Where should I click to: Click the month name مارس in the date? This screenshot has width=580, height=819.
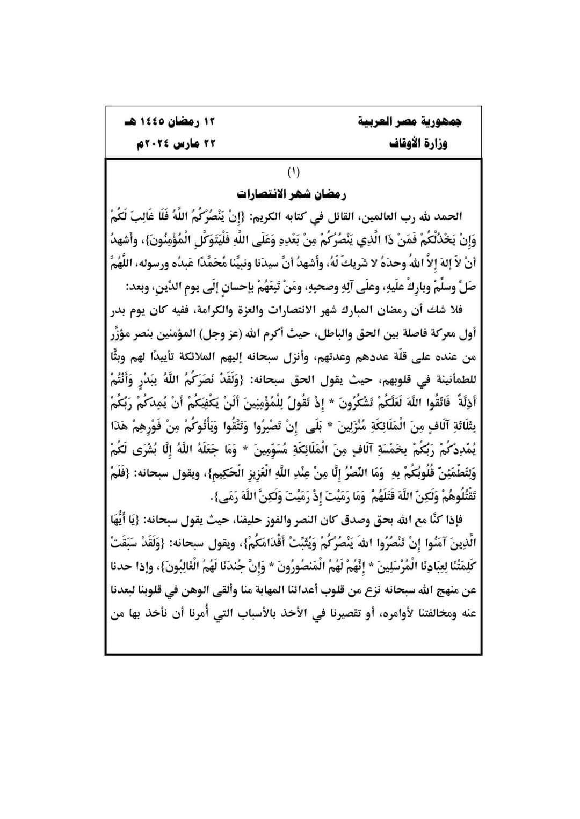pyautogui.click(x=186, y=144)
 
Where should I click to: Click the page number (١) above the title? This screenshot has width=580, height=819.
pyautogui.click(x=293, y=173)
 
